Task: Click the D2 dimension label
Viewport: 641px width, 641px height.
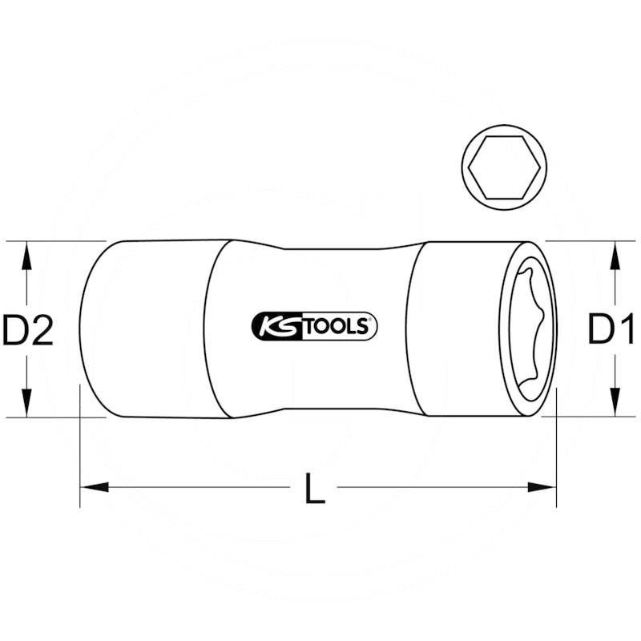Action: click(x=28, y=330)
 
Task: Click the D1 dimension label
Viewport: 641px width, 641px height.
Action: click(x=612, y=330)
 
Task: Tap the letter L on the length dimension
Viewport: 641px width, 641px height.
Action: click(x=316, y=489)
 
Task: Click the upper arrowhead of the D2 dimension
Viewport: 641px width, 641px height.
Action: click(x=27, y=256)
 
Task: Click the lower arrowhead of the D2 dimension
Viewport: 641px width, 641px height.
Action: click(x=27, y=402)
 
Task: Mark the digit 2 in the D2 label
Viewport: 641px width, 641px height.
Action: click(x=42, y=330)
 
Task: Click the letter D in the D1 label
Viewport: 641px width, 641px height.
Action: click(x=601, y=330)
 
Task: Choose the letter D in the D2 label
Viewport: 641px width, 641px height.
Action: click(x=15, y=330)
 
